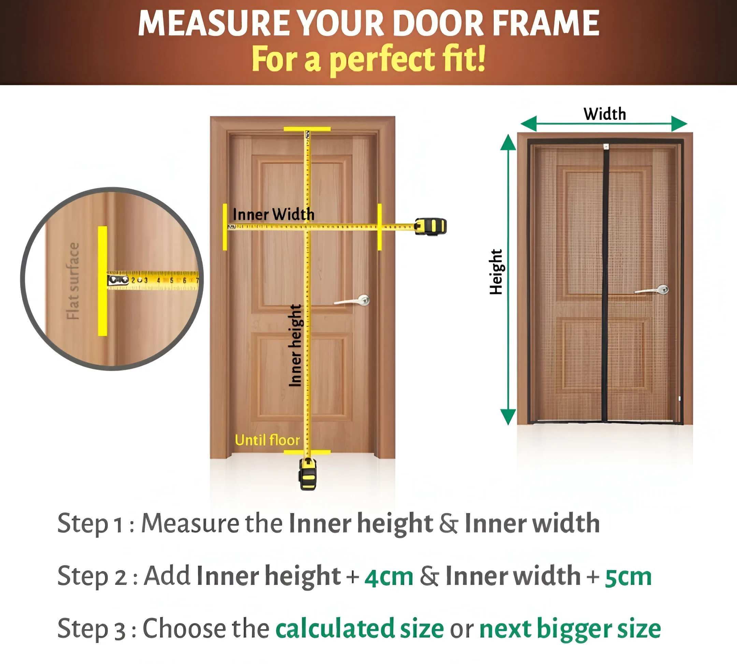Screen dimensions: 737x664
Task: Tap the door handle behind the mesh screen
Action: point(652,290)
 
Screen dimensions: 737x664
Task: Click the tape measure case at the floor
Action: point(308,474)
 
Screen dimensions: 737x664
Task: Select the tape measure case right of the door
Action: point(431,226)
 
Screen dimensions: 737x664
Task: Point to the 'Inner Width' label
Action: point(273,214)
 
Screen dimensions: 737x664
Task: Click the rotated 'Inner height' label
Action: point(295,346)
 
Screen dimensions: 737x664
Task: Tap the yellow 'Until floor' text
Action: point(267,440)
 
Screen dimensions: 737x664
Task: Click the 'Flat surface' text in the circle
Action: point(73,281)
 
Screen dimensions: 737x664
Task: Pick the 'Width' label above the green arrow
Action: point(605,114)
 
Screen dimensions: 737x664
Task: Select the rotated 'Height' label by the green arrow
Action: point(496,272)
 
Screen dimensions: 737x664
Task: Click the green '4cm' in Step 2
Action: point(389,577)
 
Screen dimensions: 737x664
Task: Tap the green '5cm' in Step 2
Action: point(628,577)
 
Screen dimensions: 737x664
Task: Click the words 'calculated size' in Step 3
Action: point(360,628)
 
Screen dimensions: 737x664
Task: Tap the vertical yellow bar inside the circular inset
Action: point(102,280)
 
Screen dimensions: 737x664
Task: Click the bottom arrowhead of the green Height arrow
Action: point(508,417)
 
